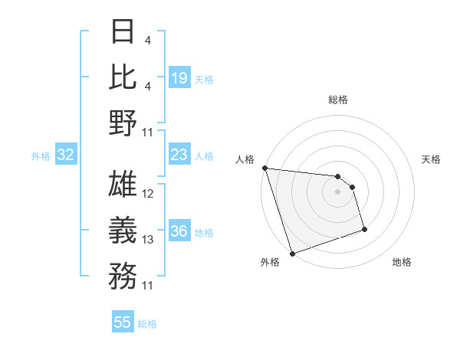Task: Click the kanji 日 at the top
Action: pos(123,32)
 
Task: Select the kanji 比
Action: pos(123,77)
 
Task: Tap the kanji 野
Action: pos(123,122)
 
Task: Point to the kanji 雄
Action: pos(123,184)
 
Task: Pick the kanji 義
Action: pos(123,229)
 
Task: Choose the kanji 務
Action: pos(123,274)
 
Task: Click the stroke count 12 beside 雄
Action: pos(148,195)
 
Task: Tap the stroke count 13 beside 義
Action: pos(148,240)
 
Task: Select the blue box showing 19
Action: pos(179,77)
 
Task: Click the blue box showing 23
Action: pos(179,155)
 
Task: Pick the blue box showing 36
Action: pos(179,232)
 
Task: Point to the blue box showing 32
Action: pos(65,155)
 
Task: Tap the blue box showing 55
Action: pos(123,322)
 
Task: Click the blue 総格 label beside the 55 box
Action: pos(147,324)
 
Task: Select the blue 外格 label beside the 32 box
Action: pos(41,155)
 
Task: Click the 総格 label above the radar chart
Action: pos(337,100)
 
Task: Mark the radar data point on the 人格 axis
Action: pos(264,168)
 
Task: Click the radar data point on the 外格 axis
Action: pos(292,254)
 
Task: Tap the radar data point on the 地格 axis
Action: pos(364,229)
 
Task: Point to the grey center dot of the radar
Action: pos(337,191)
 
